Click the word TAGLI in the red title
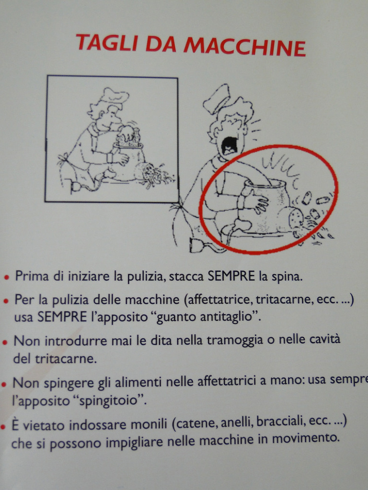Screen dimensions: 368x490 tap(107, 43)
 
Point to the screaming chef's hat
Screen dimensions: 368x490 tap(217, 98)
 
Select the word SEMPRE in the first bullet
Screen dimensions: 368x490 tap(231, 276)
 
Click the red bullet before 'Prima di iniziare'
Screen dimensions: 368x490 tap(6, 277)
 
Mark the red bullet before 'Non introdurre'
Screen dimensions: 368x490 tap(5, 342)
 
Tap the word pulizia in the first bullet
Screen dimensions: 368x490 tap(146, 277)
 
